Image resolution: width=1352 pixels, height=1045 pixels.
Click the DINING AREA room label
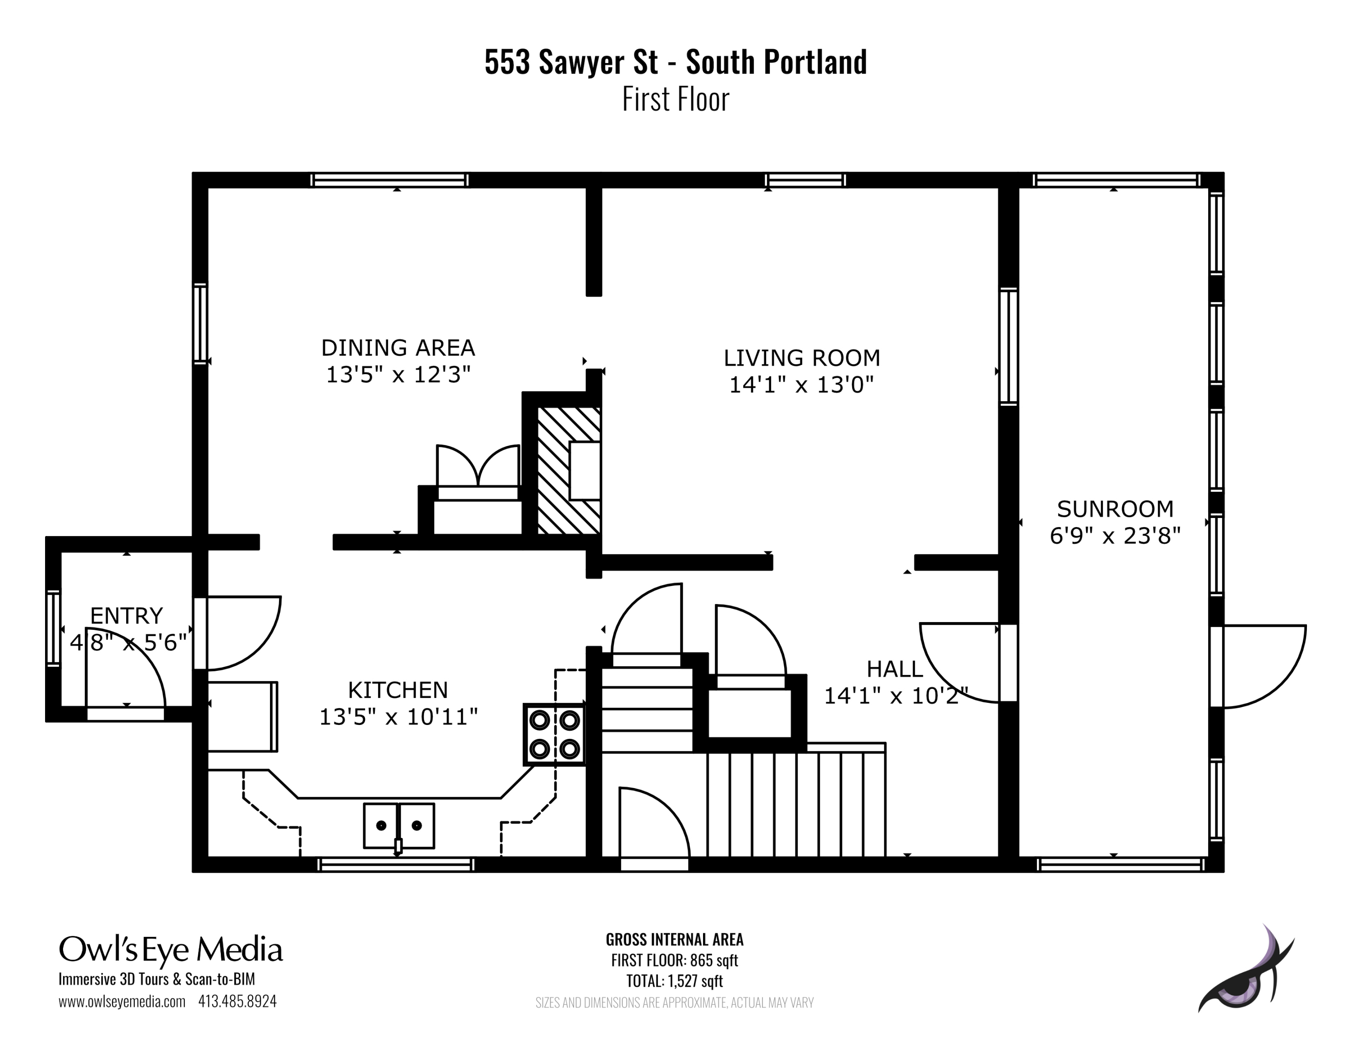(x=397, y=348)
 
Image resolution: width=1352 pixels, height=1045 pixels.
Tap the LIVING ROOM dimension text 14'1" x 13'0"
(x=801, y=385)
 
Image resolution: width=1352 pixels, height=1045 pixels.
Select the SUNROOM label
(x=1115, y=509)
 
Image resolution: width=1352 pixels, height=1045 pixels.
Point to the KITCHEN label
(x=397, y=690)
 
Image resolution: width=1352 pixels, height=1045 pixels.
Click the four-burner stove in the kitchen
(x=554, y=734)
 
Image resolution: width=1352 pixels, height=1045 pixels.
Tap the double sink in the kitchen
(x=399, y=825)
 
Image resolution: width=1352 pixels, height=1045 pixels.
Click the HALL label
(x=894, y=669)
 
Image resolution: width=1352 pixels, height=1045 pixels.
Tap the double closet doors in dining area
(x=477, y=467)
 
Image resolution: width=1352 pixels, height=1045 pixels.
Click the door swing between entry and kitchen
(x=242, y=632)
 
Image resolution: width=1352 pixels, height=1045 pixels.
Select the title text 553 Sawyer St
(x=570, y=62)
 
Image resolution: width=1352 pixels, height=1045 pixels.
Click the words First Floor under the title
(x=676, y=100)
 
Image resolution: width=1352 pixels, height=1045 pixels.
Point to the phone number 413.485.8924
(x=237, y=1001)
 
